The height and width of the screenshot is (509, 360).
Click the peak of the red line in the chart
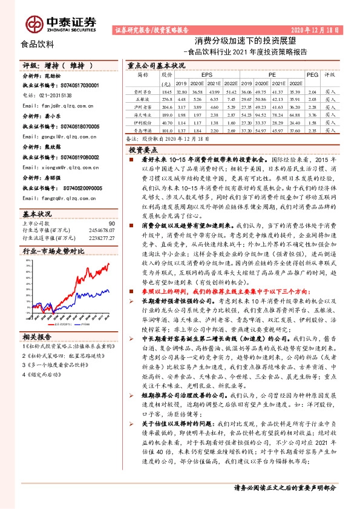tap(108, 264)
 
